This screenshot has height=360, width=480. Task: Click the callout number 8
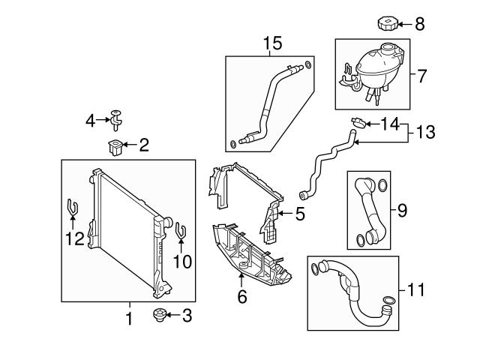pos(419,24)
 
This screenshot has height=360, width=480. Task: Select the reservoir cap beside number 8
pos(389,24)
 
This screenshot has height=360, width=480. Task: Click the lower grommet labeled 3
pos(158,315)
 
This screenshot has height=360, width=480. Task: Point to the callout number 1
pos(128,319)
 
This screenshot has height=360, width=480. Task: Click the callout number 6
pos(241,297)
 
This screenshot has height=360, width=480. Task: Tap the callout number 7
pos(421,76)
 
